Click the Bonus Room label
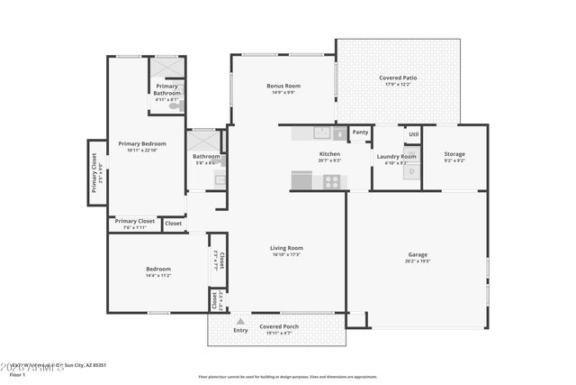click(283, 86)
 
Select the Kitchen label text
click(329, 154)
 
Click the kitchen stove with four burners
click(331, 181)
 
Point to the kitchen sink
click(321, 133)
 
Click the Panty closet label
click(360, 133)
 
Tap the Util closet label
click(413, 134)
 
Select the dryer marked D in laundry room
click(411, 171)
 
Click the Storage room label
click(454, 154)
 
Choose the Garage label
click(417, 254)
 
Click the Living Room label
click(286, 248)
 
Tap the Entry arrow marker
click(240, 320)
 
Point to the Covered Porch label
click(279, 326)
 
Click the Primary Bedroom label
click(142, 143)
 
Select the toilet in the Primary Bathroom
click(179, 106)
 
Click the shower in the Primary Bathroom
click(166, 69)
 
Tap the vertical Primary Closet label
click(95, 171)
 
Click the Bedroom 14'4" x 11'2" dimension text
click(158, 275)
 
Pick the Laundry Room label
click(396, 157)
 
